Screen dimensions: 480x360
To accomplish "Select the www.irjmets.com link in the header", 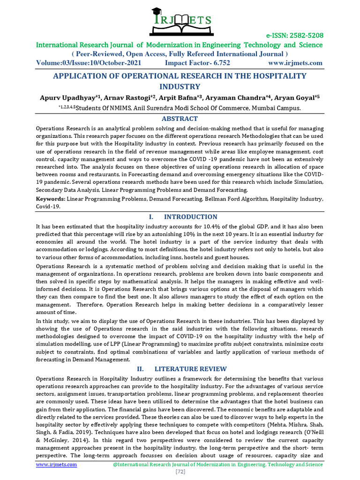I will (x=295, y=63).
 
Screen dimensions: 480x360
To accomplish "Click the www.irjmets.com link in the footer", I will (x=57, y=464).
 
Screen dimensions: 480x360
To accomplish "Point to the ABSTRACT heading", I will (x=180, y=119).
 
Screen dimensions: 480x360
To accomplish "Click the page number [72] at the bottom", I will (x=180, y=472).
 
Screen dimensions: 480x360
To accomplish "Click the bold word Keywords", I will (x=51, y=199).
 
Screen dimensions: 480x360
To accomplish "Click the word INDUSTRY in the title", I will (x=180, y=87).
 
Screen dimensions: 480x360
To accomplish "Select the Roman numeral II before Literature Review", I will (x=140, y=369).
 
